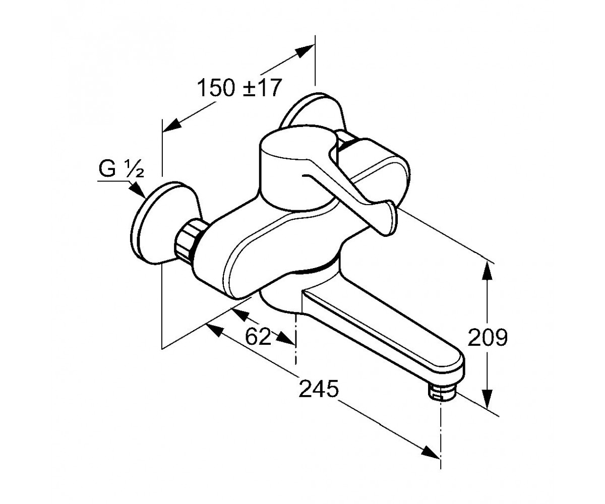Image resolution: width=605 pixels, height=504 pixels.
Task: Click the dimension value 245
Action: click(319, 389)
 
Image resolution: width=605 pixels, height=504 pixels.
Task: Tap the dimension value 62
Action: click(258, 337)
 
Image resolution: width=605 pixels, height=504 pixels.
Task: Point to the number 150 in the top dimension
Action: click(216, 88)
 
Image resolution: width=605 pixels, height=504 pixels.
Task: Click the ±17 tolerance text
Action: click(261, 88)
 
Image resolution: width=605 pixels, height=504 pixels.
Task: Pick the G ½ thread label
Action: click(121, 169)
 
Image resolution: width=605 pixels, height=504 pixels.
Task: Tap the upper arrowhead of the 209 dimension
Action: click(487, 271)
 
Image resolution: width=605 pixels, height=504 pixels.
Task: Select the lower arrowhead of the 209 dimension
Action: click(487, 398)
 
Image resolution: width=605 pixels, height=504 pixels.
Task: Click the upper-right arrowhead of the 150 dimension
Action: click(305, 51)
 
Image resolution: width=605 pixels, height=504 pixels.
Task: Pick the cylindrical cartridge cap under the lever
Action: click(298, 171)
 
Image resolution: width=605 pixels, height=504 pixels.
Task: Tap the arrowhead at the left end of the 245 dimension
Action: click(215, 331)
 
